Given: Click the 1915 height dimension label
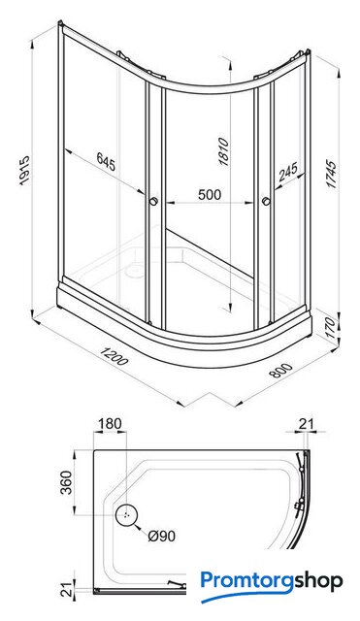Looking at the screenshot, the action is (24, 171).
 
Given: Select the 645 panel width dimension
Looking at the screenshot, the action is (106, 162).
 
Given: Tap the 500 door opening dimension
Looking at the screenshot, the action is (210, 195).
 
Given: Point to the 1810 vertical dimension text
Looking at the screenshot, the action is (223, 151).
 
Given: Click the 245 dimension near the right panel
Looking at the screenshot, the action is (288, 172).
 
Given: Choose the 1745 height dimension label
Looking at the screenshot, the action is (331, 174).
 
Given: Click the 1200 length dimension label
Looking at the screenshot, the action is (114, 356).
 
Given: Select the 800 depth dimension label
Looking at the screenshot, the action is (281, 371).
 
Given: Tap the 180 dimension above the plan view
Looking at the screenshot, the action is (110, 423).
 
